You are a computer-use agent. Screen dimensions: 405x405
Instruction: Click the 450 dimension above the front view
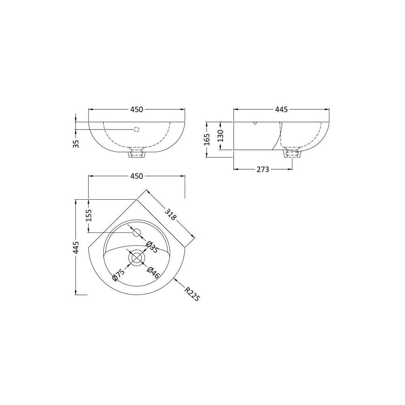(136, 109)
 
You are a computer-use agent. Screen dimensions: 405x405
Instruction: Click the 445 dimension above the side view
(281, 109)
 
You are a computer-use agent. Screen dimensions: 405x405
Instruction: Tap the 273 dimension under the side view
(263, 169)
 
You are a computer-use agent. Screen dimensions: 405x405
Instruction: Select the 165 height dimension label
(207, 139)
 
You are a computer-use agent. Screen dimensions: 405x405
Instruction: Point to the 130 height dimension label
(220, 136)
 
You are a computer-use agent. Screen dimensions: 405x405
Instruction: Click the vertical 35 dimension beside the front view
(76, 144)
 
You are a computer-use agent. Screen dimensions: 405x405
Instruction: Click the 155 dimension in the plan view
(88, 215)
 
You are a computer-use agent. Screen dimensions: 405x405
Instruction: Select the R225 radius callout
(192, 294)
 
